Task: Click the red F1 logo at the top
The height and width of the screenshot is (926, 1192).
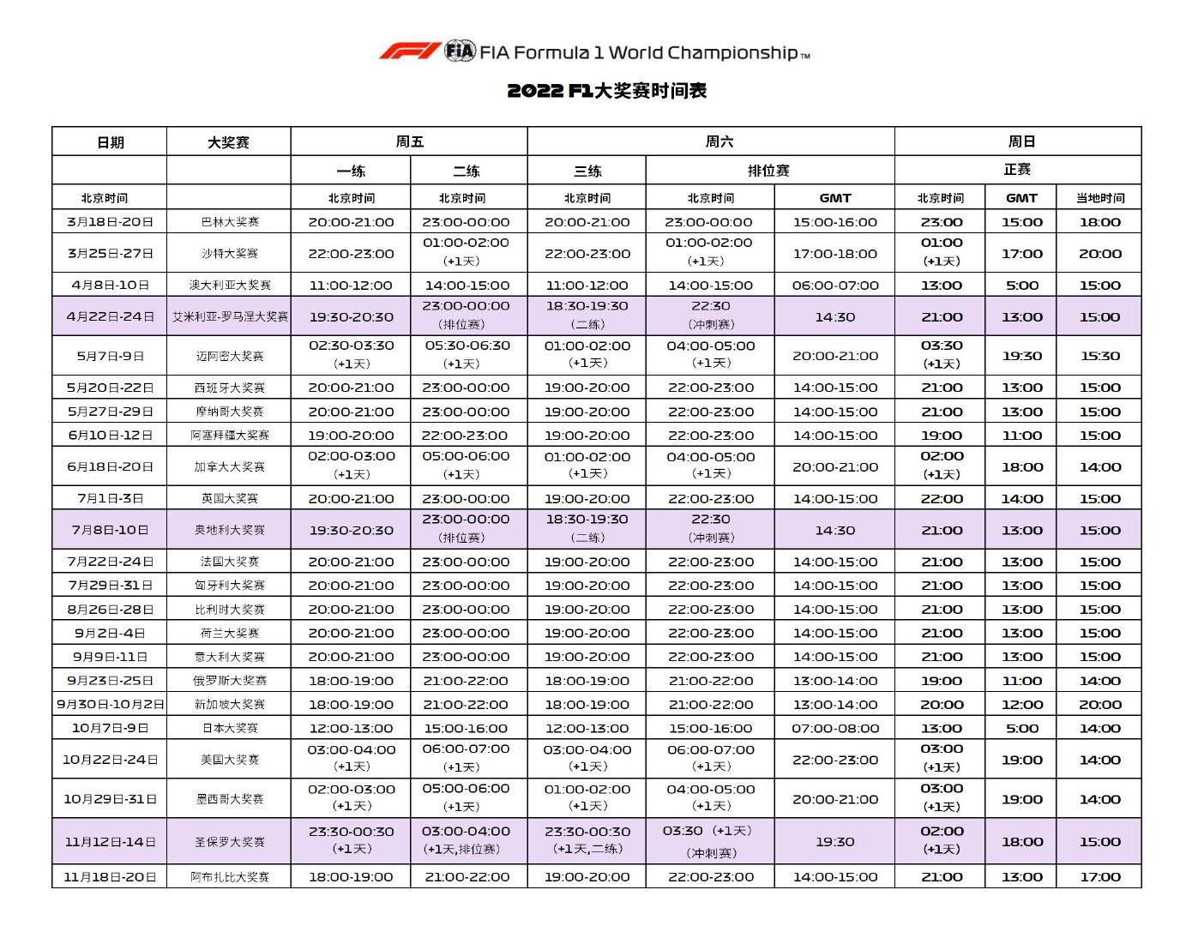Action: coord(410,51)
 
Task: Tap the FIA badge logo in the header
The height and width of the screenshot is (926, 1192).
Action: coord(460,51)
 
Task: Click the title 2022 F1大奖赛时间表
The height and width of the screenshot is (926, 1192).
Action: coord(606,91)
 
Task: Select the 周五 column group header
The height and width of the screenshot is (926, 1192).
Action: coord(409,141)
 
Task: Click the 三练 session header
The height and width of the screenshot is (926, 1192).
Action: coord(587,171)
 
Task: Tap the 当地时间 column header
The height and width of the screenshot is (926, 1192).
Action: coord(1100,198)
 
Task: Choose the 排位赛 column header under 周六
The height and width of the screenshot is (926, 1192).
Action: coord(768,171)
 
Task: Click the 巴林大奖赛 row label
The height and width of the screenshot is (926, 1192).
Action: coord(230,222)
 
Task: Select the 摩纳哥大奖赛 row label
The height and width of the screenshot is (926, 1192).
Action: coord(230,412)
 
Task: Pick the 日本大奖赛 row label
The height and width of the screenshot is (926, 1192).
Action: coord(230,728)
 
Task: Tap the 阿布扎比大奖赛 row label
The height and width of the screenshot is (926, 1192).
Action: coord(230,877)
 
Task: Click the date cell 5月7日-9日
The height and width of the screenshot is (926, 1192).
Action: coord(111,356)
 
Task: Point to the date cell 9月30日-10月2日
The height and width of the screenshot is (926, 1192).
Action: coord(111,704)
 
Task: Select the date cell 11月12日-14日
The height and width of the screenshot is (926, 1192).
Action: coord(111,842)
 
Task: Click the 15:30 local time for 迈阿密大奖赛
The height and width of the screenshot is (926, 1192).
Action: coord(1100,356)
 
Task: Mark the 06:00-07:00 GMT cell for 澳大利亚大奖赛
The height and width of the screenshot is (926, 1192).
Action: coord(835,286)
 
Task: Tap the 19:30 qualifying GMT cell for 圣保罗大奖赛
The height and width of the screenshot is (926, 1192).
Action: coord(835,842)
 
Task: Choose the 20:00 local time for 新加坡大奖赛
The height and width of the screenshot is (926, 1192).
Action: coord(1100,704)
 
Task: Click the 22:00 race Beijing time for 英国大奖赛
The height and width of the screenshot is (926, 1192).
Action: coord(942,498)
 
